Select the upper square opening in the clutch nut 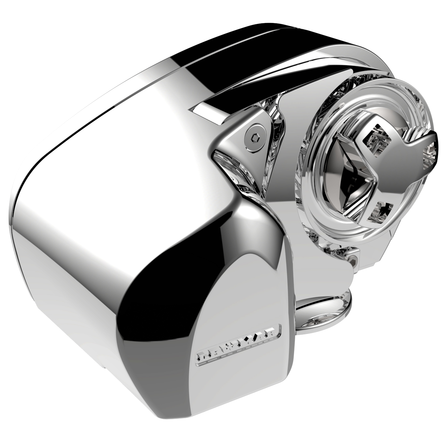tap(376, 138)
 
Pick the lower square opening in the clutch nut tap(379, 210)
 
